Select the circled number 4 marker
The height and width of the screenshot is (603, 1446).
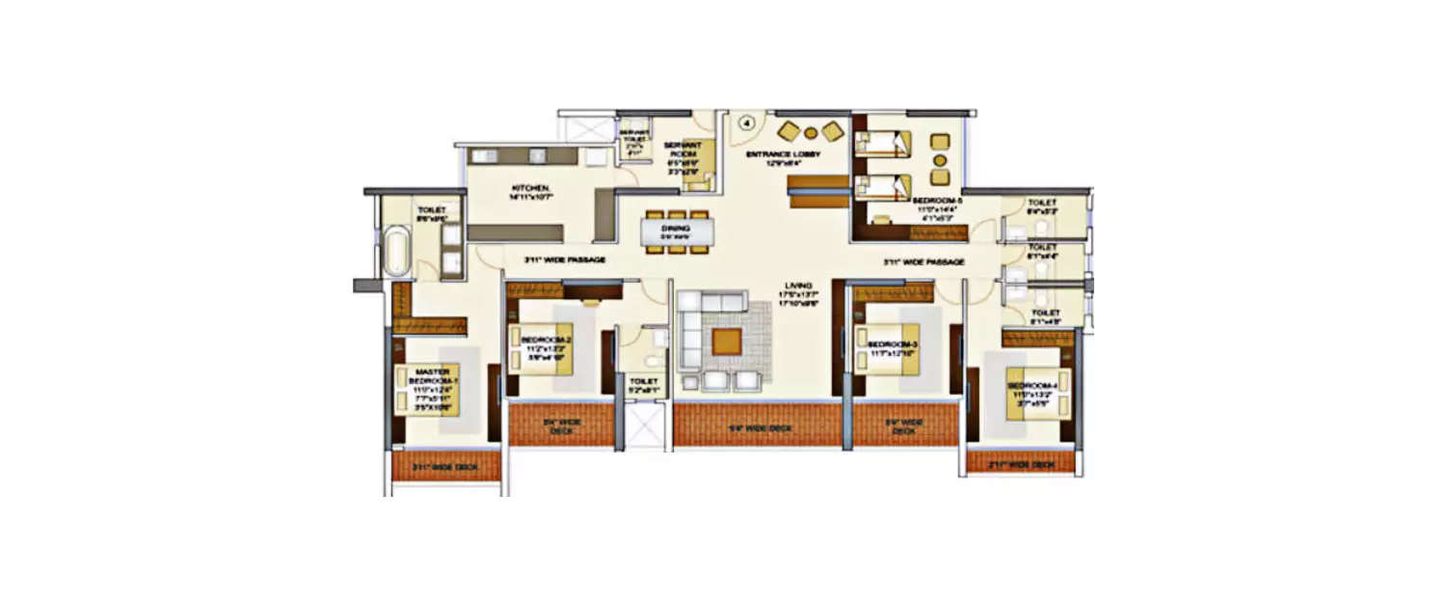tap(746, 123)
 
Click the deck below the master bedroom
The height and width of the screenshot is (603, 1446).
tap(446, 467)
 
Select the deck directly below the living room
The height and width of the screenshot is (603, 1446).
tap(760, 425)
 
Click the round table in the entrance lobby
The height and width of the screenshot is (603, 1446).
tap(812, 133)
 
